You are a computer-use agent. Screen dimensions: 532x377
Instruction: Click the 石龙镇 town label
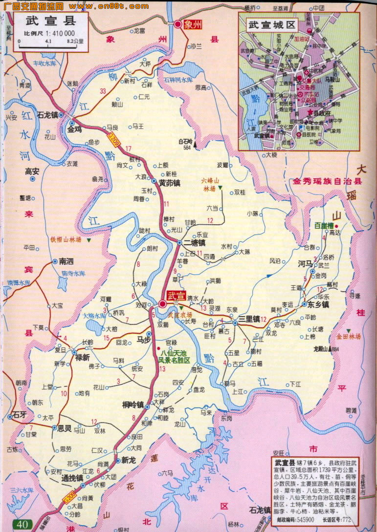click(47, 115)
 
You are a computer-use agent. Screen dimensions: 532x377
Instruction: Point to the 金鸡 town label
click(74, 130)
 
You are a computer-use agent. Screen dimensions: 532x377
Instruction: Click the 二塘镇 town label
click(195, 242)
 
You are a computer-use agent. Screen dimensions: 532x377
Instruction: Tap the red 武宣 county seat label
click(177, 296)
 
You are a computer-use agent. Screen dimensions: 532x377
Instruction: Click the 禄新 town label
click(82, 358)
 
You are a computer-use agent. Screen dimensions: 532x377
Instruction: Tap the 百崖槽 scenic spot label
click(323, 226)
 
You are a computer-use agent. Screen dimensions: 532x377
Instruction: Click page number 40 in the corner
click(22, 525)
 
